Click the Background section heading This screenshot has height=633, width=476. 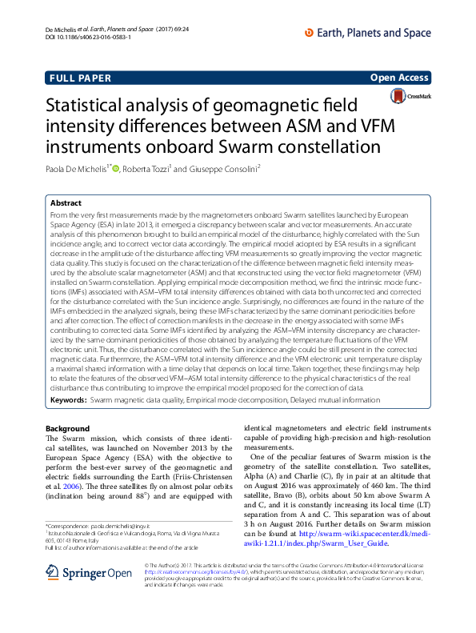[68, 428]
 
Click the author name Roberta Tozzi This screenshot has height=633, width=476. [146, 169]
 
